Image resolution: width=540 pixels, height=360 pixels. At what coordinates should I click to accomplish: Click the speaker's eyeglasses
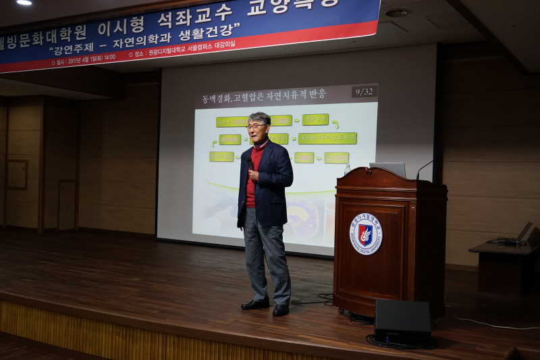click(256, 126)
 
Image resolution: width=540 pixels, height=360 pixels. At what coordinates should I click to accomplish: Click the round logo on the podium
click(366, 234)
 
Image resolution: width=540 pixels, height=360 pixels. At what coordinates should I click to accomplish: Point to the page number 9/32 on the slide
click(364, 91)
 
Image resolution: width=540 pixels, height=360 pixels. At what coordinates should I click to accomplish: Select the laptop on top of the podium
click(388, 169)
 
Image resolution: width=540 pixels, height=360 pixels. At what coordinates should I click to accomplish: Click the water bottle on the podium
click(347, 170)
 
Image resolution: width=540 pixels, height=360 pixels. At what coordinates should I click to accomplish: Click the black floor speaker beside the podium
click(402, 322)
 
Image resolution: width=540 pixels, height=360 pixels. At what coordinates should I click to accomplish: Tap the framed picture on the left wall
click(17, 174)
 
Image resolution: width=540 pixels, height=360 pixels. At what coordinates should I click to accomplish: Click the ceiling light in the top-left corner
click(24, 3)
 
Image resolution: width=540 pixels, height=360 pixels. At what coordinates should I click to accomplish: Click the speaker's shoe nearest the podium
click(281, 310)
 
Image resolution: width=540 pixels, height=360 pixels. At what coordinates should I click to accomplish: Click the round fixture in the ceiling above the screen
click(398, 12)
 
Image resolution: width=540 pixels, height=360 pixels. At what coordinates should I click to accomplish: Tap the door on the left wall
click(67, 205)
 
